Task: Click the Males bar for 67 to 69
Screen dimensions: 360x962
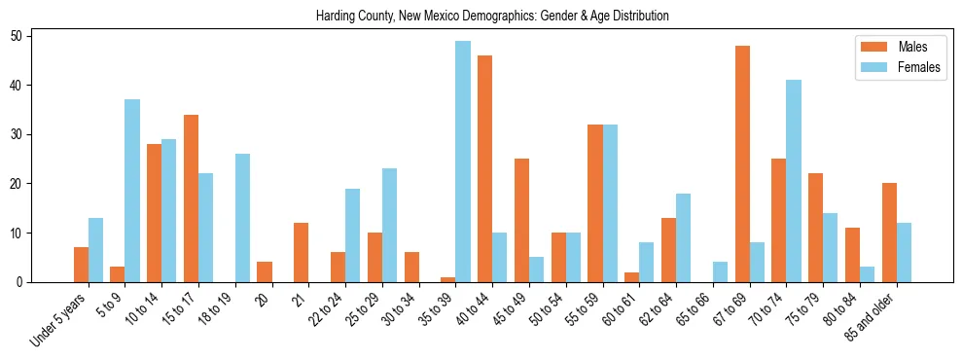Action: pos(742,164)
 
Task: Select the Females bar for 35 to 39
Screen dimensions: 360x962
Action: pos(463,162)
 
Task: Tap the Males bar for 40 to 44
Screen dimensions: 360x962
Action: pos(484,169)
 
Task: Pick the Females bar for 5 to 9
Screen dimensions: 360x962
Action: pos(132,191)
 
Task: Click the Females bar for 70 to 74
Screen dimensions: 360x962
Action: pos(794,181)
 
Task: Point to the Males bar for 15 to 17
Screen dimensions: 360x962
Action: pos(191,198)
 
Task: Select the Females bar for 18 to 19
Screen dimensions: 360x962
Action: pos(242,218)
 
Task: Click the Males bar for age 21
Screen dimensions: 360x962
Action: pos(302,252)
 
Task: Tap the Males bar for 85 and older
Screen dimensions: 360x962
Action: pos(889,233)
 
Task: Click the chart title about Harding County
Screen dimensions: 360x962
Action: pos(493,17)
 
